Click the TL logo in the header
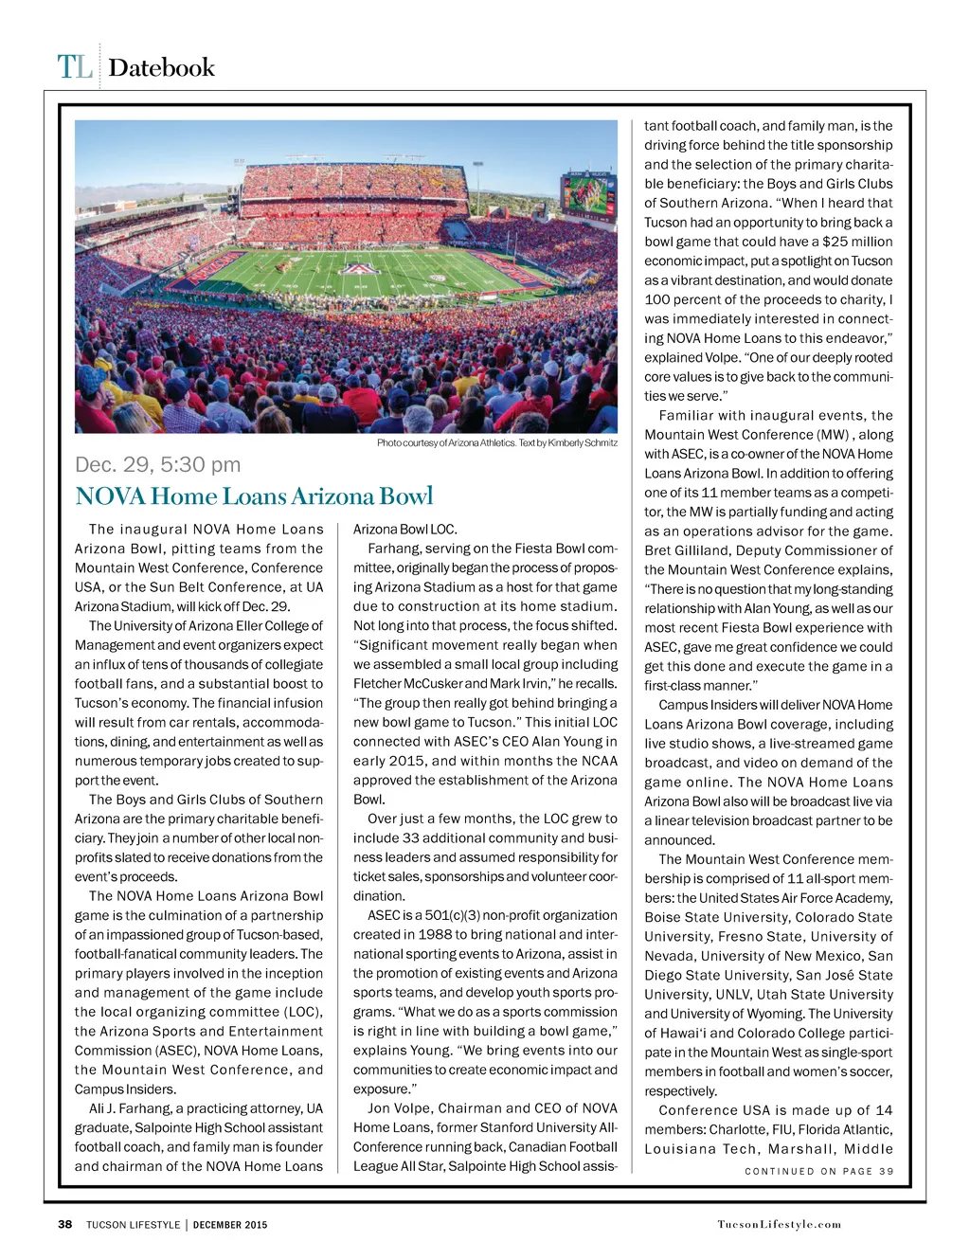point(75,67)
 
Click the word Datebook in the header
point(161,67)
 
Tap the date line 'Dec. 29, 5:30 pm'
point(157,464)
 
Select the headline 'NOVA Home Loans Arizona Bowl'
point(254,496)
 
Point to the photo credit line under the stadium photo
point(496,442)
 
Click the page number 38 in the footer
point(65,1224)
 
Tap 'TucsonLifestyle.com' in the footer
point(779,1224)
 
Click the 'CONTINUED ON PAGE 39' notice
point(818,1171)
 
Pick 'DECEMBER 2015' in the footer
point(230,1224)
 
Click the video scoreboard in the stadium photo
point(588,196)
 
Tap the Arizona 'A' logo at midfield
point(359,268)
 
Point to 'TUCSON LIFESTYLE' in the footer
point(133,1224)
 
